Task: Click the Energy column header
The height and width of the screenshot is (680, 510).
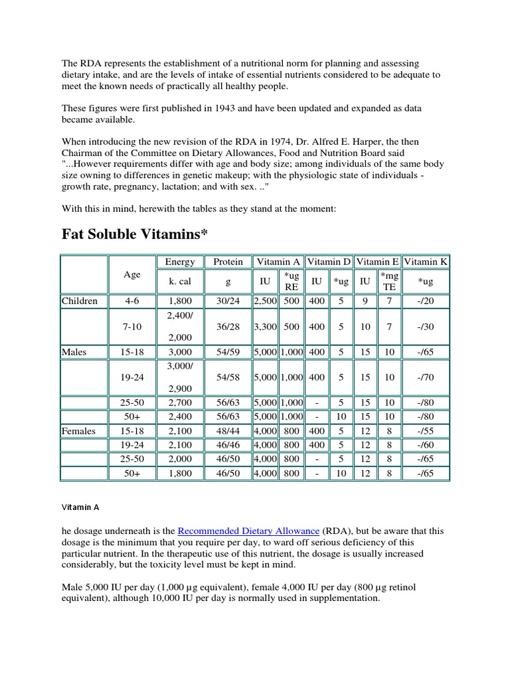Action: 180,262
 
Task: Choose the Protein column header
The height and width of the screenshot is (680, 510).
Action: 228,262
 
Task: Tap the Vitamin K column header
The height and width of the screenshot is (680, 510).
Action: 426,262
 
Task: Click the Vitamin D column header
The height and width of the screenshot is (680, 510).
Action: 329,262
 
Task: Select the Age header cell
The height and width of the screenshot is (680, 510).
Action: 132,274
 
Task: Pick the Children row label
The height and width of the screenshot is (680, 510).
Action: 80,301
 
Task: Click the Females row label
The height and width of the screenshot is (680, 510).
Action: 79,431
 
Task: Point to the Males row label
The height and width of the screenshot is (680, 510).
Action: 74,352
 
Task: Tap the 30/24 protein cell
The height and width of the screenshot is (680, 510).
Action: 228,301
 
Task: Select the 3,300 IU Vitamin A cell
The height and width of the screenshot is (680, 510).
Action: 265,327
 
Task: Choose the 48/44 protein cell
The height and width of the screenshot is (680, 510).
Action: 228,431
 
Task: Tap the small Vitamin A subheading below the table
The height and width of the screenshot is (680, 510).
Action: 80,507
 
